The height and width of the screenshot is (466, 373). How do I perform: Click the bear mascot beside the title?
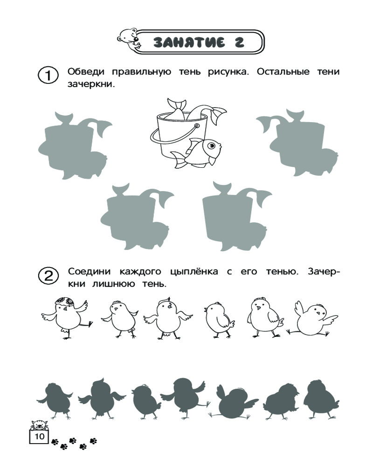click(x=129, y=39)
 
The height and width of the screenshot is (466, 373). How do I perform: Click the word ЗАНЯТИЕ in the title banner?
click(x=189, y=42)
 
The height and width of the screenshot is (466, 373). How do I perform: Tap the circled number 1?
click(x=48, y=75)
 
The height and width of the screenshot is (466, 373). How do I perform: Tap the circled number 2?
click(x=48, y=275)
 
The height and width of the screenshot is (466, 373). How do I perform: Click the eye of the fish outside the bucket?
click(x=211, y=145)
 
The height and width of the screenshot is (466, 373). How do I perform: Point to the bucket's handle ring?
click(x=196, y=126)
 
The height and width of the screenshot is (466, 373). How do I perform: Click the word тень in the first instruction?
click(x=190, y=72)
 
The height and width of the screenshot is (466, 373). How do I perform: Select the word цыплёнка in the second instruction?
click(x=194, y=272)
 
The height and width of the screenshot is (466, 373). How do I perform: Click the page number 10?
click(x=39, y=436)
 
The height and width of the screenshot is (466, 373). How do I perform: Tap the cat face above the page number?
click(x=39, y=425)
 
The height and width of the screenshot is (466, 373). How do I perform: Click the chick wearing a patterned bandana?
click(x=66, y=317)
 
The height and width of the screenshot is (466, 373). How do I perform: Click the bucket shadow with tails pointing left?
click(x=297, y=143)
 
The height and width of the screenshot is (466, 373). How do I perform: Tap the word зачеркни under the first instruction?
click(x=91, y=84)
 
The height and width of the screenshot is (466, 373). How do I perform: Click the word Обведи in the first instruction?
click(x=86, y=72)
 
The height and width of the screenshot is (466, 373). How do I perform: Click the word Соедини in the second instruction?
click(x=89, y=272)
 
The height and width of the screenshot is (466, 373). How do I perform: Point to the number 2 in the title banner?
click(x=240, y=42)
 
